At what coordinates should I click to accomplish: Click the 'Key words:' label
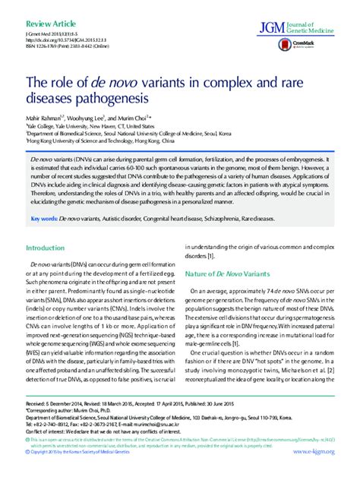click(44, 218)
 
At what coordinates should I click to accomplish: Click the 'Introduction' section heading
click(47, 248)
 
